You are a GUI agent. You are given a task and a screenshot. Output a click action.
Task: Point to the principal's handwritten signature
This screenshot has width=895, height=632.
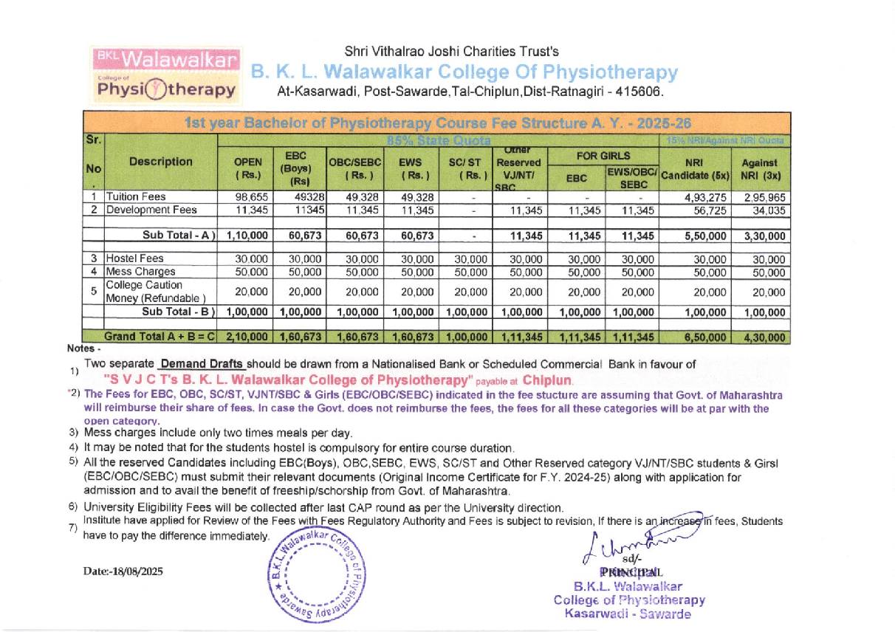tap(636, 547)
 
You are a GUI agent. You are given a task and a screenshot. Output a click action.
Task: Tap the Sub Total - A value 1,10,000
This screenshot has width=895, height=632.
tap(247, 236)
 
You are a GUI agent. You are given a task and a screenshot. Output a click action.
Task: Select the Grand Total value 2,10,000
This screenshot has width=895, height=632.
tap(247, 337)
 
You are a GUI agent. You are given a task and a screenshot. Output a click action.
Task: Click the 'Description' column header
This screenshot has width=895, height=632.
tap(161, 162)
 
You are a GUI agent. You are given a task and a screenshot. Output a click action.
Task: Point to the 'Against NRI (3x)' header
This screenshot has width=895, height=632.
tap(760, 168)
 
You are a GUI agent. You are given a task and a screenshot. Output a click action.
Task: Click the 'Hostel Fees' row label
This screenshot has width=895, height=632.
tap(135, 259)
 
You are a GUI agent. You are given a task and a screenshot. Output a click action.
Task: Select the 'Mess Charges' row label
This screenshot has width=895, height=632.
tap(140, 272)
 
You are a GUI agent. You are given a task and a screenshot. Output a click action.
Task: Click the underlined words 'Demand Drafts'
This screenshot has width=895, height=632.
tap(201, 364)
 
